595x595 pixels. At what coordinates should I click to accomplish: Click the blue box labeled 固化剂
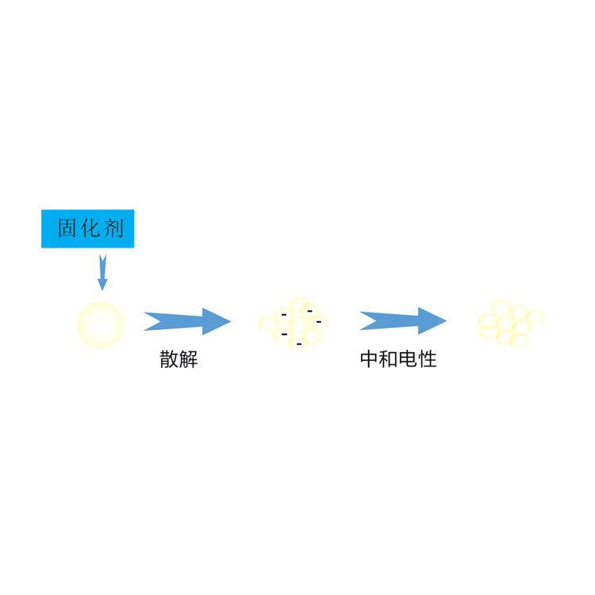point(87,228)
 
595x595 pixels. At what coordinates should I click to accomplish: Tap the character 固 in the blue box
point(67,228)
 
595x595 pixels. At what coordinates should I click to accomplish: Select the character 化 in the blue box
point(90,228)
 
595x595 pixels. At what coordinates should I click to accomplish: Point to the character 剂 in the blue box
point(113,228)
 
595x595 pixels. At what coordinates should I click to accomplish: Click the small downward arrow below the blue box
point(102,273)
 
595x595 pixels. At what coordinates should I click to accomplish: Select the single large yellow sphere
point(100,324)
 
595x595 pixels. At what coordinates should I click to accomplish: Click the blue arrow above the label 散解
point(187,321)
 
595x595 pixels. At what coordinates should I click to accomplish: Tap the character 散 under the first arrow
point(169,359)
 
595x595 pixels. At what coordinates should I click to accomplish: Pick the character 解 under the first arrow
point(188,359)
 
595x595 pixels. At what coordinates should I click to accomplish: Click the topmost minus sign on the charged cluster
point(310,311)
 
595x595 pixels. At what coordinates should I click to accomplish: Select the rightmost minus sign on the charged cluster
point(319,322)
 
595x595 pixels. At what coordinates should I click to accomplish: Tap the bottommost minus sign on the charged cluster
point(299,344)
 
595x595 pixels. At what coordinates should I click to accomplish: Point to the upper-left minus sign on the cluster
point(284,315)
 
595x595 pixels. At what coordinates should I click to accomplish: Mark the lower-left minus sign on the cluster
point(284,334)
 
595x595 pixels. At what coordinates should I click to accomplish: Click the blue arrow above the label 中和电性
point(403,321)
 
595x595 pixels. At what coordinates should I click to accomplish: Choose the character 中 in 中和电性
point(370,359)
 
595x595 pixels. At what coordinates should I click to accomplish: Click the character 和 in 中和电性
point(389,359)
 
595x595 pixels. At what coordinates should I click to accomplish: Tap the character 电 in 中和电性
point(408,359)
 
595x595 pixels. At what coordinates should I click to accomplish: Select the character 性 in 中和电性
point(428,359)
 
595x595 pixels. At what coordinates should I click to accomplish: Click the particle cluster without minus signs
point(511,324)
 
